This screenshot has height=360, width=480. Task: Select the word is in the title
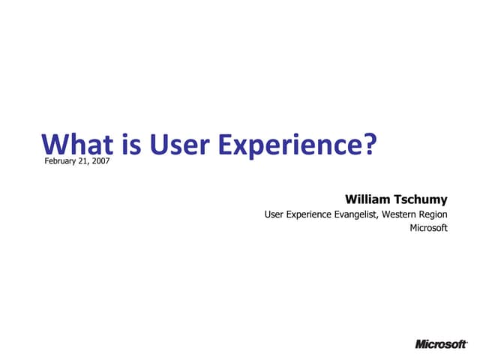(x=123, y=144)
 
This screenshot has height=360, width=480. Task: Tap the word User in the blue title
(x=172, y=144)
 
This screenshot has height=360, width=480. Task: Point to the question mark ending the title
(x=367, y=144)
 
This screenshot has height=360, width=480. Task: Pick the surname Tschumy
(x=423, y=199)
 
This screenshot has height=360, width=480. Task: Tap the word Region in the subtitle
(x=434, y=215)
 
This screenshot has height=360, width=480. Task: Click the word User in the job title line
(x=274, y=215)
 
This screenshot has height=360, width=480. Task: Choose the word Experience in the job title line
(x=309, y=215)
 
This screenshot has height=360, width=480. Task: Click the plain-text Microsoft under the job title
(x=428, y=229)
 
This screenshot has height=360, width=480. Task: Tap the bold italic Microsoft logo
(x=440, y=344)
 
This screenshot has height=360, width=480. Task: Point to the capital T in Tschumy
(x=400, y=199)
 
